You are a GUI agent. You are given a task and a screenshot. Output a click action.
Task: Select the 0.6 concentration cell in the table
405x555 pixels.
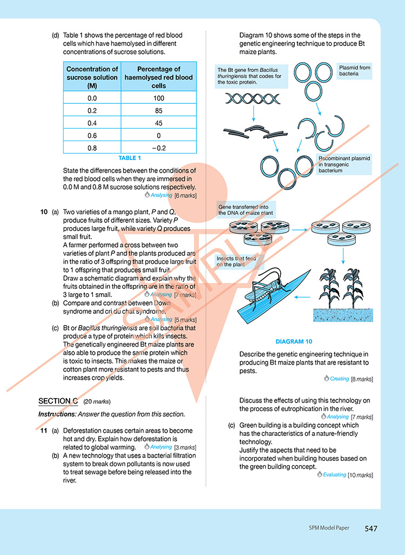pyautogui.click(x=92, y=135)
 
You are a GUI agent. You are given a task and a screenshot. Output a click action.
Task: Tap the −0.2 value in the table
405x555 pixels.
pyautogui.click(x=159, y=148)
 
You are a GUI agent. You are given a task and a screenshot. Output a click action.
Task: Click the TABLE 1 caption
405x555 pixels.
pyautogui.click(x=130, y=158)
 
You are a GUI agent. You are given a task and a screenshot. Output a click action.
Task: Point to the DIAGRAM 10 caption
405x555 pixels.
pyautogui.click(x=294, y=342)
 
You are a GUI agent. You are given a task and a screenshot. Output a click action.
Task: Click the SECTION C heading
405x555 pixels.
pyautogui.click(x=58, y=401)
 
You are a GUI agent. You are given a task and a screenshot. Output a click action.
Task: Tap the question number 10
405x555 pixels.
pyautogui.click(x=44, y=212)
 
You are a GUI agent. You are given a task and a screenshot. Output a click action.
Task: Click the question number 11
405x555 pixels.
pyautogui.click(x=44, y=431)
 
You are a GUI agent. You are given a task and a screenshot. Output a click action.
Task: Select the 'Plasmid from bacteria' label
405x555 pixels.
pyautogui.click(x=354, y=70)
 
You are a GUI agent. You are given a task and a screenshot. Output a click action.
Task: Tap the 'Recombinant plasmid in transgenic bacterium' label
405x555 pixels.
pyautogui.click(x=344, y=164)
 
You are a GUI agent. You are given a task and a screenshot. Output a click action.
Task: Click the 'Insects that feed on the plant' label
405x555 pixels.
pyautogui.click(x=236, y=262)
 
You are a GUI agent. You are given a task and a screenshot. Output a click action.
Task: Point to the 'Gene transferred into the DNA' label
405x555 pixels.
pyautogui.click(x=246, y=210)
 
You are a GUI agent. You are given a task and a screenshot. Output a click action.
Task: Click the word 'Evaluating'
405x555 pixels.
pyautogui.click(x=334, y=475)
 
